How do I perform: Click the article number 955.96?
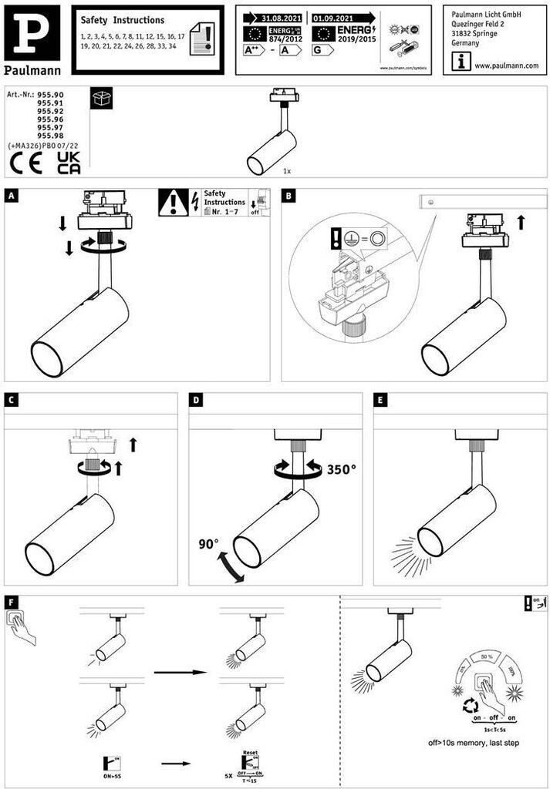tap(50, 119)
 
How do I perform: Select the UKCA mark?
tap(69, 163)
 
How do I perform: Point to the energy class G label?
tap(320, 50)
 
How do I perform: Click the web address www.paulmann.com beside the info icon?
tap(506, 66)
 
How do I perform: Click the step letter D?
tap(197, 401)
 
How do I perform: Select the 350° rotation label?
tap(342, 468)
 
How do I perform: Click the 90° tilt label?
tap(209, 543)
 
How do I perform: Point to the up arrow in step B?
tap(521, 222)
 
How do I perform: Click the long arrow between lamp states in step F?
tap(181, 672)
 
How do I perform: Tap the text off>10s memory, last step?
tap(473, 744)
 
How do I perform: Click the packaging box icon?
tap(101, 98)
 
